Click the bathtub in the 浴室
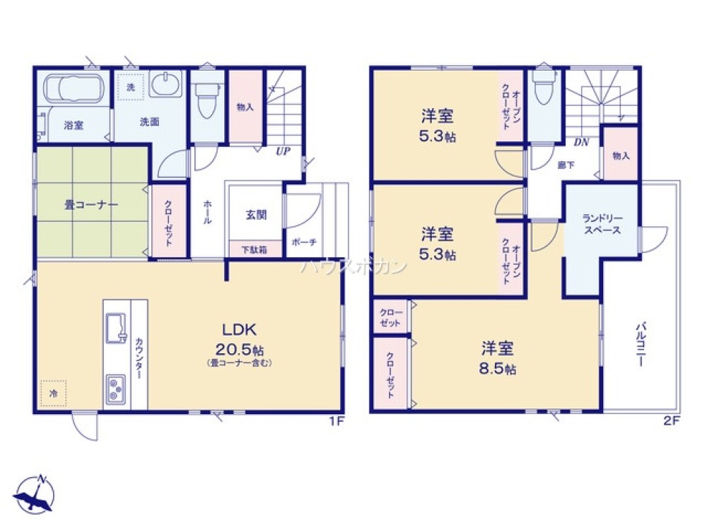(74, 90)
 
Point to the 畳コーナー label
(91, 205)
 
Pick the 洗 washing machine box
(131, 87)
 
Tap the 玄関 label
(256, 215)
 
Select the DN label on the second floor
(581, 142)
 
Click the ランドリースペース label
(602, 224)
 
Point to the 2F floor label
(671, 421)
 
